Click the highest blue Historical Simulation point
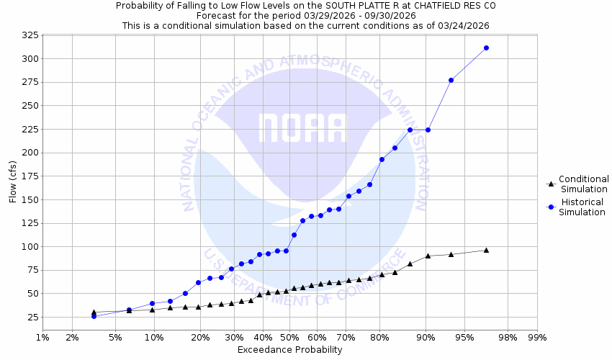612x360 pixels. (x=486, y=48)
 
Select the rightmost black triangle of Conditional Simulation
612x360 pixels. (x=486, y=250)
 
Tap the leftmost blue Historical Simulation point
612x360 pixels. (x=94, y=316)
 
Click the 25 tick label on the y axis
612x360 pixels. (x=28, y=317)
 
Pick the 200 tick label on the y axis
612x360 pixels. (x=28, y=153)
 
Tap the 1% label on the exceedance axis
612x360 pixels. (x=42, y=336)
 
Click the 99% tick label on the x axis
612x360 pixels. (x=537, y=336)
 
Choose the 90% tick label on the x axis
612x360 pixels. (x=426, y=336)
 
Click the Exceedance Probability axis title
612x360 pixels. (x=289, y=350)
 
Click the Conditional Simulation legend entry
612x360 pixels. (x=584, y=184)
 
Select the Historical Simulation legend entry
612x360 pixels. (x=583, y=207)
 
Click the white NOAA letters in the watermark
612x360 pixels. (x=302, y=128)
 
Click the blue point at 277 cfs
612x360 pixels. (x=451, y=80)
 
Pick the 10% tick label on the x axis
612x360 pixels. (x=154, y=336)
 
